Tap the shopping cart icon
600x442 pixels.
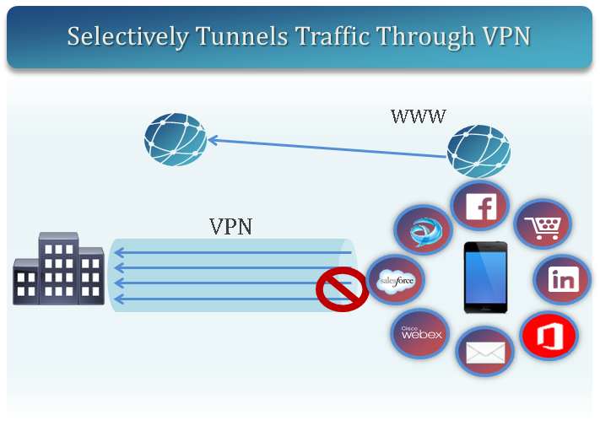543,226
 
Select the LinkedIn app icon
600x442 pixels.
561,280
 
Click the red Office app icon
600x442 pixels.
548,336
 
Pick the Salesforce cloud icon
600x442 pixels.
395,279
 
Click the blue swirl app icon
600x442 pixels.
424,231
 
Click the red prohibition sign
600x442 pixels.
341,288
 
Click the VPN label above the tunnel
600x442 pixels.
230,226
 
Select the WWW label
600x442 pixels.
418,116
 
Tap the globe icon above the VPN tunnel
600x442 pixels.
175,139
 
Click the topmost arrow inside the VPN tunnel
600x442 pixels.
232,252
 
